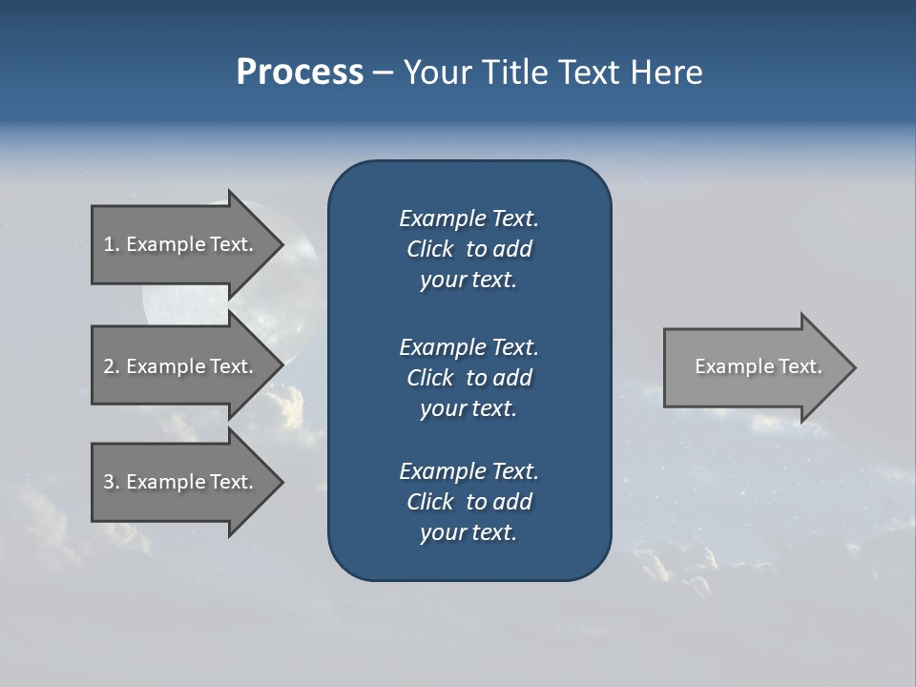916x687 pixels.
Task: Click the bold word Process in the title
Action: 300,73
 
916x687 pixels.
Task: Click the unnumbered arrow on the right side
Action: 754,366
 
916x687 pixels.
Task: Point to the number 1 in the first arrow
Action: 109,244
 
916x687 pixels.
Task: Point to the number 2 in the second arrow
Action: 109,366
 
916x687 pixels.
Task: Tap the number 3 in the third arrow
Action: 109,482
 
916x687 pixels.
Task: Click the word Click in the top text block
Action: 429,249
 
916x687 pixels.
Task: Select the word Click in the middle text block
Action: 429,378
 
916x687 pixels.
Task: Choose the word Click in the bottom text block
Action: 429,502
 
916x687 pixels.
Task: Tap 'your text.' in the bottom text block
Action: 468,532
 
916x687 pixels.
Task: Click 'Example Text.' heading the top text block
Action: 468,219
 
